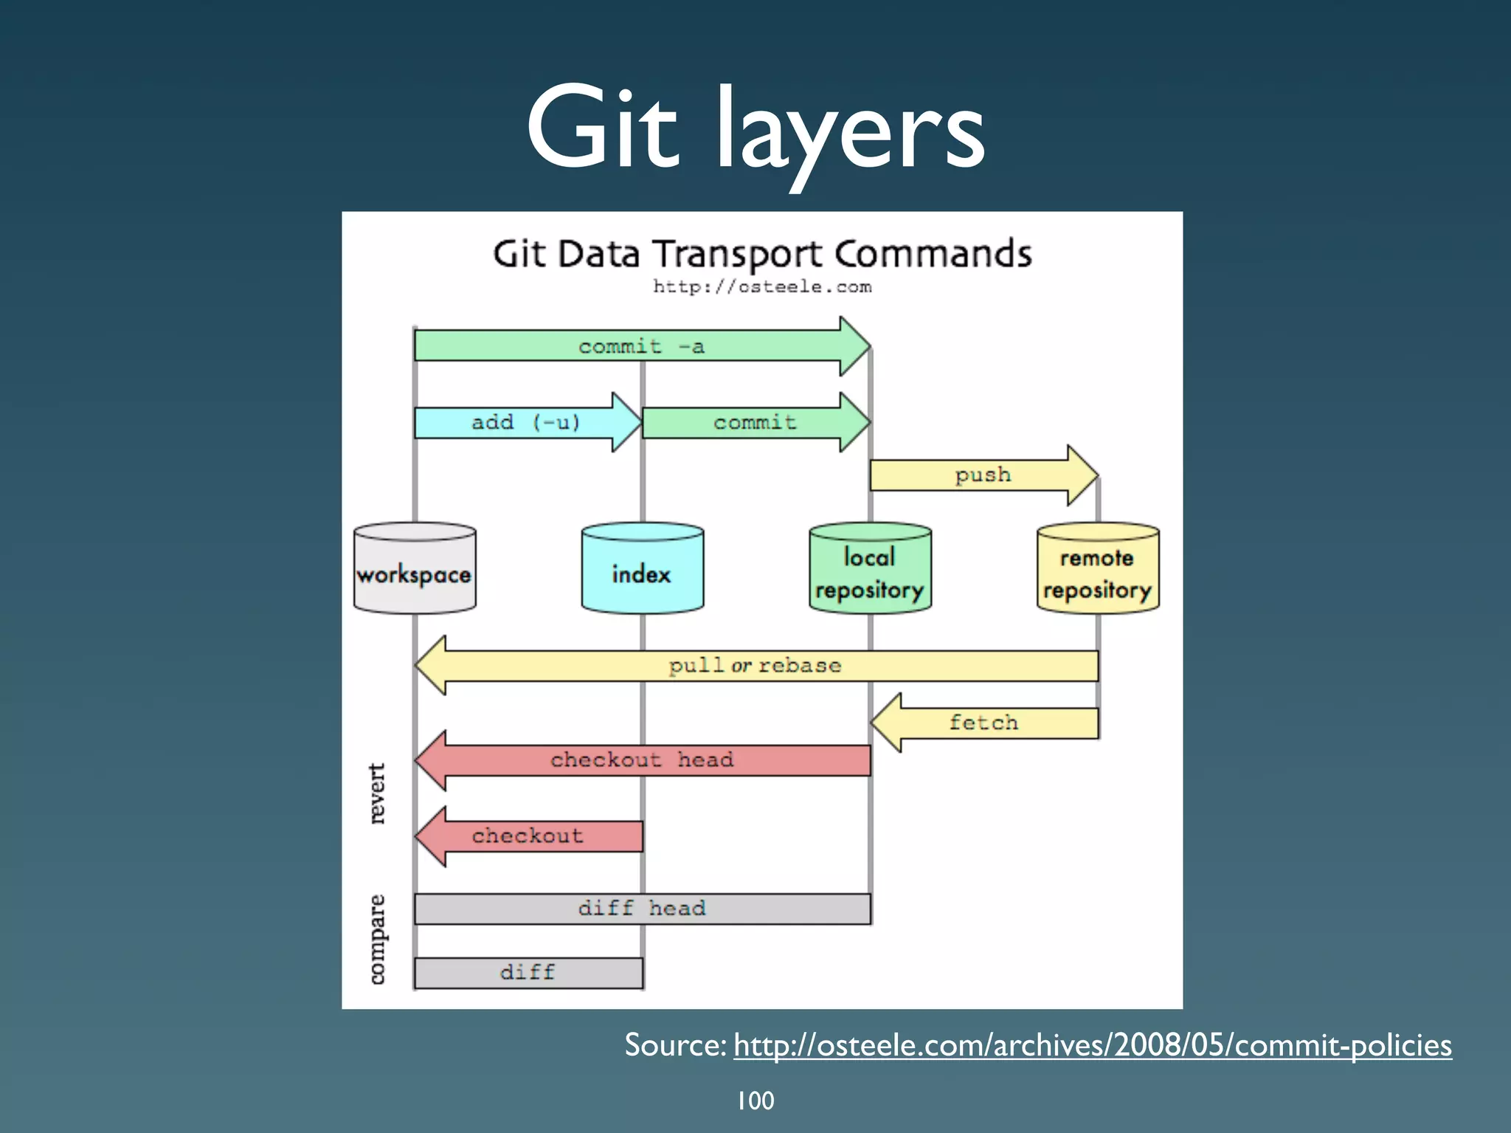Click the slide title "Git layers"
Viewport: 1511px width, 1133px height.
point(755,129)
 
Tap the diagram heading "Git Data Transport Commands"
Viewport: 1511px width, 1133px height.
point(761,254)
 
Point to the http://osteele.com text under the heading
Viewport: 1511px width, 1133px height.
point(761,287)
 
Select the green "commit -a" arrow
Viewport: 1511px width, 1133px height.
point(640,346)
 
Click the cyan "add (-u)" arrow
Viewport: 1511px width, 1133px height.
point(525,422)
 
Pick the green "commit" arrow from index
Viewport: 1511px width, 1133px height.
point(754,422)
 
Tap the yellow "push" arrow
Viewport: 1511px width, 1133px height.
point(982,475)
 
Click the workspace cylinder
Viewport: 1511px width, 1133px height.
point(415,568)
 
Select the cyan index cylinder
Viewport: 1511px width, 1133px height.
point(642,568)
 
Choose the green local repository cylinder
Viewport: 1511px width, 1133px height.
point(870,568)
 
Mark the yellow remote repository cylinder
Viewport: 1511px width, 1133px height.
point(1098,568)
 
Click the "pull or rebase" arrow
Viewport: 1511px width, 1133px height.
point(755,666)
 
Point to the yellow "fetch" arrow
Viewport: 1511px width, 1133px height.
point(983,723)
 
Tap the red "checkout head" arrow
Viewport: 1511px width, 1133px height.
point(642,760)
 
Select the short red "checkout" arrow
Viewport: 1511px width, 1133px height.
point(528,836)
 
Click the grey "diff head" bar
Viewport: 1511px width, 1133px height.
point(642,909)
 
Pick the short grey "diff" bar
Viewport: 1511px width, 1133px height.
point(528,973)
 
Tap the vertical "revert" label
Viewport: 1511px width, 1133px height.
point(377,793)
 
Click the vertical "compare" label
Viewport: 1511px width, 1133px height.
point(377,939)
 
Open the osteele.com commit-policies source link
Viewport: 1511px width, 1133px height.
point(1092,1045)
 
